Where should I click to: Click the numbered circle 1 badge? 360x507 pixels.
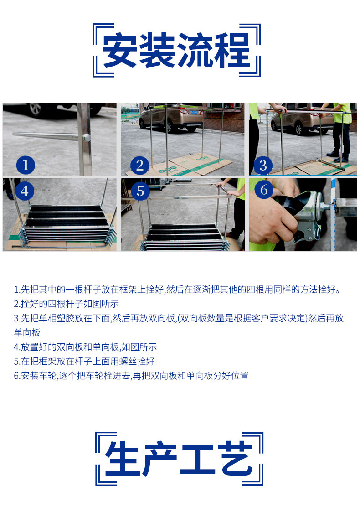point(26,165)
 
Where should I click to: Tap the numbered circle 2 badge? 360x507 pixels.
point(139,165)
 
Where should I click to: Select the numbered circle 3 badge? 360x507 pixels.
point(263,165)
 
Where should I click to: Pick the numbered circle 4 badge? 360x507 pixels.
point(25,191)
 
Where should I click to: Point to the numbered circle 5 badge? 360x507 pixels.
point(140,191)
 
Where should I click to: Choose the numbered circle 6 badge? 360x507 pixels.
point(264,190)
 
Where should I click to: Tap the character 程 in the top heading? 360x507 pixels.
point(233,51)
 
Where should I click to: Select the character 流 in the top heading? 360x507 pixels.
point(195,51)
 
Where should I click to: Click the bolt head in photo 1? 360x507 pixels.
point(87,138)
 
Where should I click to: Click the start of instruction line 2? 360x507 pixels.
point(16,304)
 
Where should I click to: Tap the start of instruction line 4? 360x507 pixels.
point(16,347)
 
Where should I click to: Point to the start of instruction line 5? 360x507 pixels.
point(16,361)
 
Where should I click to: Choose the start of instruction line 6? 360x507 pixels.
point(16,376)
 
